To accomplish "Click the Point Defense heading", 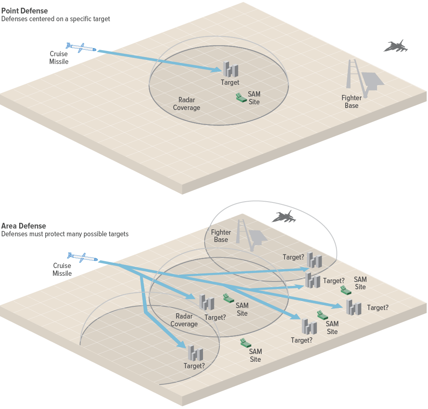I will pyautogui.click(x=24, y=11).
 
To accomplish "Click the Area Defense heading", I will pyautogui.click(x=24, y=226).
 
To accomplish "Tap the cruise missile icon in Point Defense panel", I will pyautogui.click(x=81, y=47).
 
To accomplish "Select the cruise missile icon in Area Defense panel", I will pyautogui.click(x=83, y=257).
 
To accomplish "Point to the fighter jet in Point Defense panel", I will pyautogui.click(x=395, y=46).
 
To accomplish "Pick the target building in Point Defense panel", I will pyautogui.click(x=230, y=69).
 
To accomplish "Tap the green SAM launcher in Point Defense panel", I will pyautogui.click(x=241, y=97).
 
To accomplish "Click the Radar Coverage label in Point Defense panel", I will pyautogui.click(x=187, y=104).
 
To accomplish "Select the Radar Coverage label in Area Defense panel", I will pyautogui.click(x=184, y=320).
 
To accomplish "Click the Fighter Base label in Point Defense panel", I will pyautogui.click(x=351, y=101).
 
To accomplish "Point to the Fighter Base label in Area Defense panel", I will pyautogui.click(x=221, y=236).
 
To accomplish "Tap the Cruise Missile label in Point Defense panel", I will pyautogui.click(x=59, y=57).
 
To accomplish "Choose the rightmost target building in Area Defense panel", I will pyautogui.click(x=353, y=307).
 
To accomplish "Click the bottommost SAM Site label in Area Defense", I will pyautogui.click(x=255, y=355).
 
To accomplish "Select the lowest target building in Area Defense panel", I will pyautogui.click(x=195, y=353).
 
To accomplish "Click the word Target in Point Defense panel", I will pyautogui.click(x=230, y=83).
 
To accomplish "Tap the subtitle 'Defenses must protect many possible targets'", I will pyautogui.click(x=65, y=234).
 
